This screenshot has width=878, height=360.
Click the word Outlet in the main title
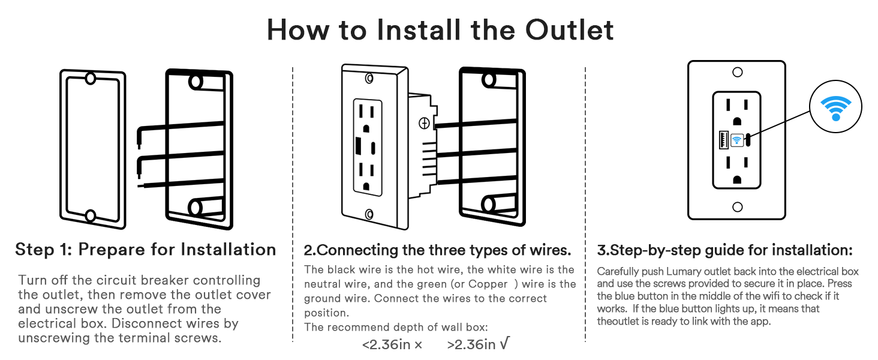(569, 30)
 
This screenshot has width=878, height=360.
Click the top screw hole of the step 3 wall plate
(737, 72)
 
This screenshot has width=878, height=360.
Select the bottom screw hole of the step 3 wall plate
(737, 206)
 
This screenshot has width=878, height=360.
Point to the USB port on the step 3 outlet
(723, 140)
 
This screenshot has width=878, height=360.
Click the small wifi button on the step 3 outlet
(737, 140)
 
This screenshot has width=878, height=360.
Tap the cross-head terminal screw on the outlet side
(424, 124)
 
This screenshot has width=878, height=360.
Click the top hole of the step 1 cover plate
(91, 79)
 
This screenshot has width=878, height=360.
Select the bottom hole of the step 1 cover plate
(91, 215)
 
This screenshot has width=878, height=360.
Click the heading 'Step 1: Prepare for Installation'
(145, 250)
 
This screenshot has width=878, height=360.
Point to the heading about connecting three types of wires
(437, 250)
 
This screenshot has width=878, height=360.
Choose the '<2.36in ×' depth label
(392, 345)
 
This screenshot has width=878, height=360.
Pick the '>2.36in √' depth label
(478, 344)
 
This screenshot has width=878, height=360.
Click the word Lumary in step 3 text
(684, 271)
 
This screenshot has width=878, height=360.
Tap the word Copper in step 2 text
(488, 284)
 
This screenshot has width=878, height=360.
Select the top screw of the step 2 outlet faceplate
(369, 79)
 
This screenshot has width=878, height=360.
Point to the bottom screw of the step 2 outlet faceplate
(369, 214)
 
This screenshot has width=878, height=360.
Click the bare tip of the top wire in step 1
(139, 145)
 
